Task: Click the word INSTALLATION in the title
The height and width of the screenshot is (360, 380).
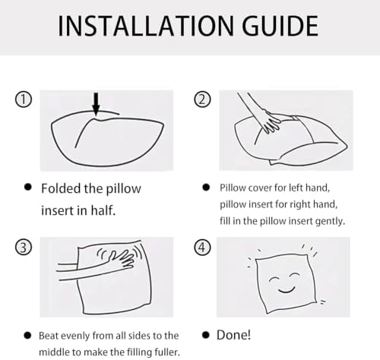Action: (146, 26)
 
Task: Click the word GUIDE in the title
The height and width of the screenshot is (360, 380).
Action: (280, 26)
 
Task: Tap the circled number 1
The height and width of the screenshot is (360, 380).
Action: (24, 99)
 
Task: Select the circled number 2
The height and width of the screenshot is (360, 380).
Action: (202, 99)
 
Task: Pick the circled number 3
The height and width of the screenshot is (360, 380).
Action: (24, 247)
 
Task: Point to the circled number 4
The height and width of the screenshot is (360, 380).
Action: (202, 247)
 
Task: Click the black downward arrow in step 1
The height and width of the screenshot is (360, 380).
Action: (96, 104)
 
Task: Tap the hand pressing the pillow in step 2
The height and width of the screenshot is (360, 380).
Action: (271, 122)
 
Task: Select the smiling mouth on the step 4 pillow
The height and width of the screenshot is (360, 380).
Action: (287, 289)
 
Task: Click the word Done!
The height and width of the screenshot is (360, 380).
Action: (233, 335)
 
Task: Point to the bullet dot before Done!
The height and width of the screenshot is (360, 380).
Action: (206, 335)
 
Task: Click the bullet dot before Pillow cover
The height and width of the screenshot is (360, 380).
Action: (206, 188)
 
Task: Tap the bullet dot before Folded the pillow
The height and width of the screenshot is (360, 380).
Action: (28, 187)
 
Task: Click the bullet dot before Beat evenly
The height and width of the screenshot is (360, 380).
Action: (27, 336)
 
